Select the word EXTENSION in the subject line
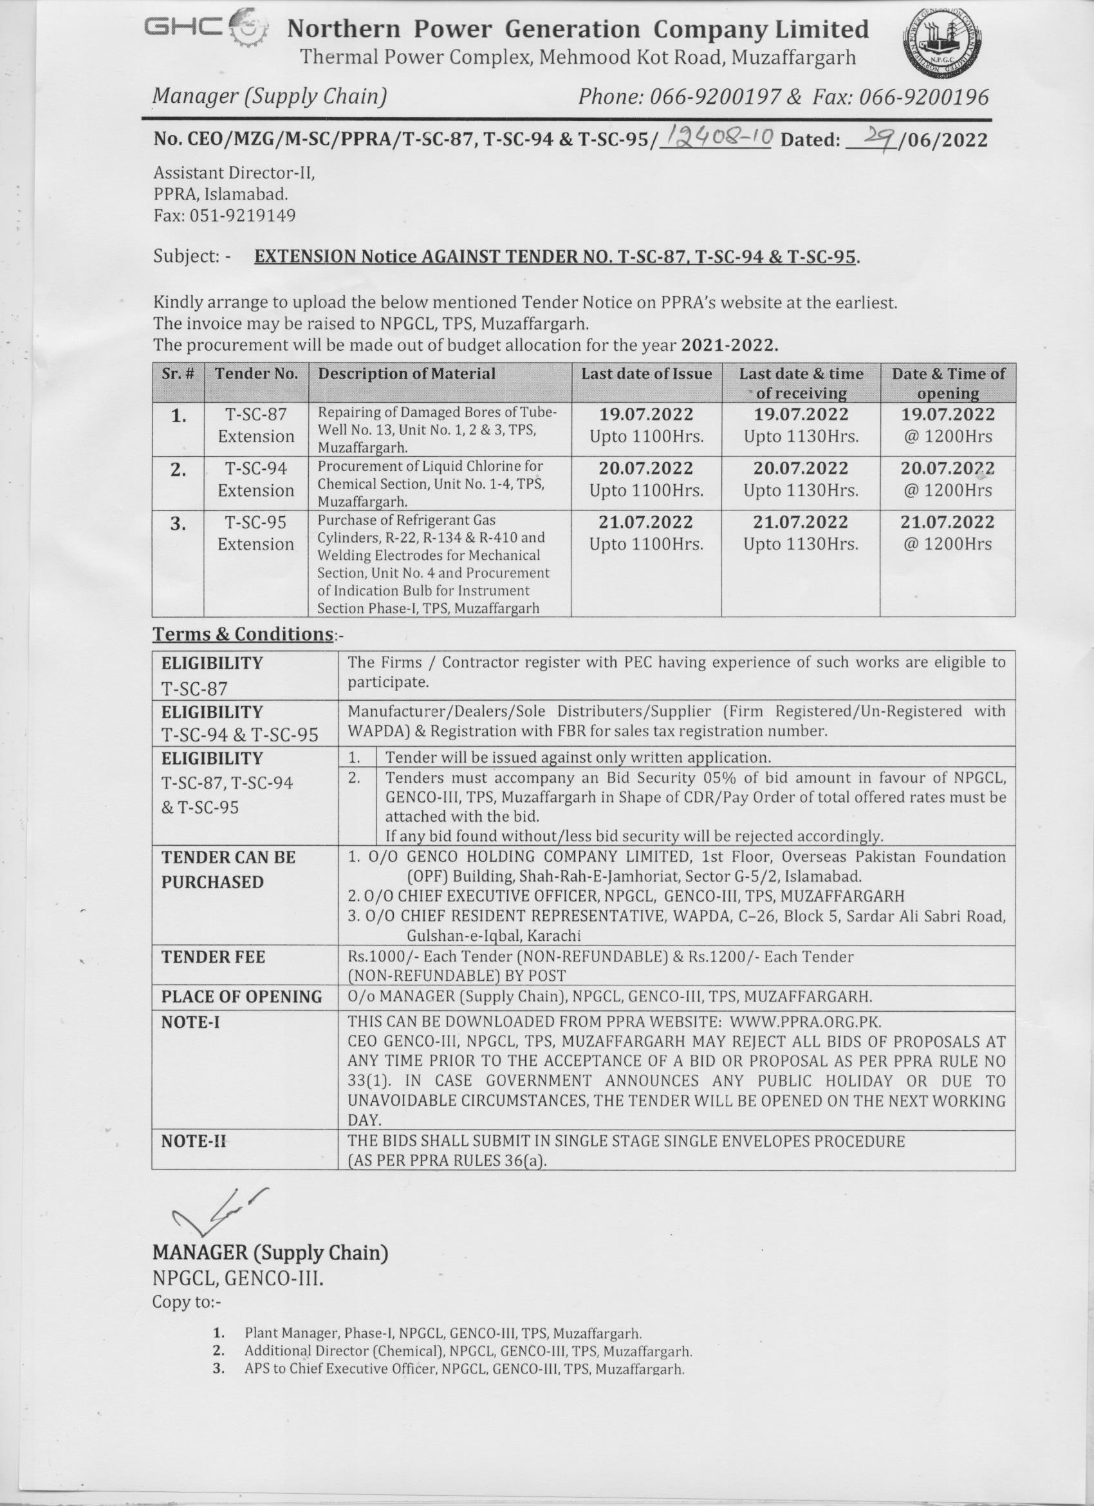point(304,257)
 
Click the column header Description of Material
point(406,374)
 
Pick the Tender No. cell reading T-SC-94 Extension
point(255,479)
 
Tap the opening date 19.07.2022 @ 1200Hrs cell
point(947,425)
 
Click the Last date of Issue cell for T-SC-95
point(646,533)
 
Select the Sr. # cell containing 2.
point(178,470)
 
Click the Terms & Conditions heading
point(243,634)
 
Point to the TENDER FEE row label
point(213,957)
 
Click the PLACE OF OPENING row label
point(241,997)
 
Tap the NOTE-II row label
point(193,1141)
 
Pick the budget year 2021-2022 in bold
point(727,346)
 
